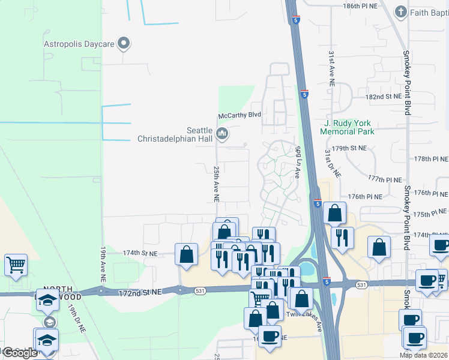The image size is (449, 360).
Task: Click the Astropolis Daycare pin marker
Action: point(124,43)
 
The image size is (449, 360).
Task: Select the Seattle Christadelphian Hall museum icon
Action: point(222,133)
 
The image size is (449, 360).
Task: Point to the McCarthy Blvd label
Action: point(239,115)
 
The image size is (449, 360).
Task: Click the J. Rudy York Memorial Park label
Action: point(348,127)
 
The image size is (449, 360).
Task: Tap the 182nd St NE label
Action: point(383,96)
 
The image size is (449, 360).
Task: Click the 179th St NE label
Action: point(349,148)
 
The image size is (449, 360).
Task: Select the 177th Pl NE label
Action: point(384,179)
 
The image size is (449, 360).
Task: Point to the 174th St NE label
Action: point(140,254)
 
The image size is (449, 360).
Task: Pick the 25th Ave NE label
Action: point(216,184)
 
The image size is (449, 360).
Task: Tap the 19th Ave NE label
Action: point(103,264)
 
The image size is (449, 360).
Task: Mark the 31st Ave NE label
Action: point(331,69)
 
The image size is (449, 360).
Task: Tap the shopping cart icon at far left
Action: point(16,264)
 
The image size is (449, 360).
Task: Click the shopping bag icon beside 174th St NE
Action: point(187,254)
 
